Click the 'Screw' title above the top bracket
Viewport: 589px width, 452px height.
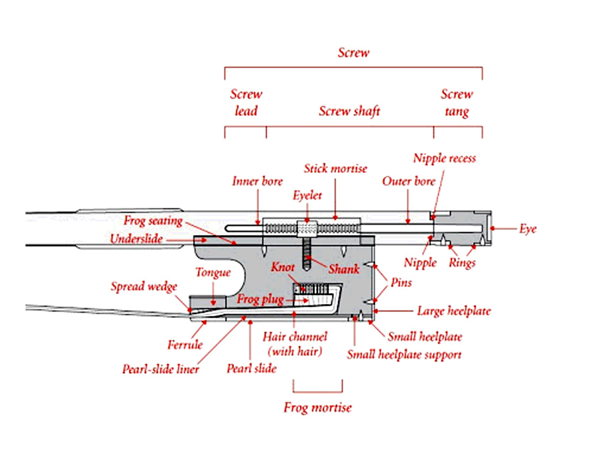(353, 53)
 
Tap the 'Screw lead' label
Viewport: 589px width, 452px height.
(246, 102)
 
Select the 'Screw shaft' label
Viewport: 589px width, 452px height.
(350, 111)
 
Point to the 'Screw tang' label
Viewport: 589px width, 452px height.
(457, 102)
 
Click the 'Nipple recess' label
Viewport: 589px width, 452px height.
(444, 158)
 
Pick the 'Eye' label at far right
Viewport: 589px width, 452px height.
(527, 229)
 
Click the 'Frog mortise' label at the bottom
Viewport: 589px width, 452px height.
(318, 408)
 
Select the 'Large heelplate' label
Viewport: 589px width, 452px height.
(454, 312)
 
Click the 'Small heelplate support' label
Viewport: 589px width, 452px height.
(404, 355)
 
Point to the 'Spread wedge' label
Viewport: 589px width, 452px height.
(144, 286)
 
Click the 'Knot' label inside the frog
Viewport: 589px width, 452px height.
(283, 268)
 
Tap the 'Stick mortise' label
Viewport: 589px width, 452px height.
(336, 169)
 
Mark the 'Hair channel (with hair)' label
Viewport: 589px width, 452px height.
(294, 343)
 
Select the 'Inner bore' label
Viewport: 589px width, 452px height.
(257, 181)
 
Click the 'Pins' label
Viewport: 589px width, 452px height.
(401, 283)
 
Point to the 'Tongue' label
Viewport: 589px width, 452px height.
(213, 272)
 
